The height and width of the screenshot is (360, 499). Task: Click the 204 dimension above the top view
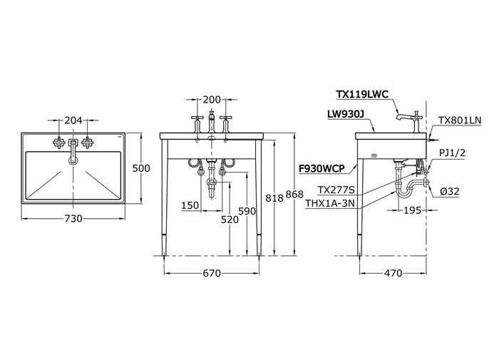pos(73,121)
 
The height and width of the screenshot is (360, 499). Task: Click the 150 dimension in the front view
pos(190,205)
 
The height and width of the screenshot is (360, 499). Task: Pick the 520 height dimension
pos(229,221)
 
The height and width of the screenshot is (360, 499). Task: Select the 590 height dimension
pos(246,212)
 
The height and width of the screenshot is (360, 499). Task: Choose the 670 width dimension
pos(212,273)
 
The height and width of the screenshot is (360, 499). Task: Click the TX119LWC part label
pos(362,93)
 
